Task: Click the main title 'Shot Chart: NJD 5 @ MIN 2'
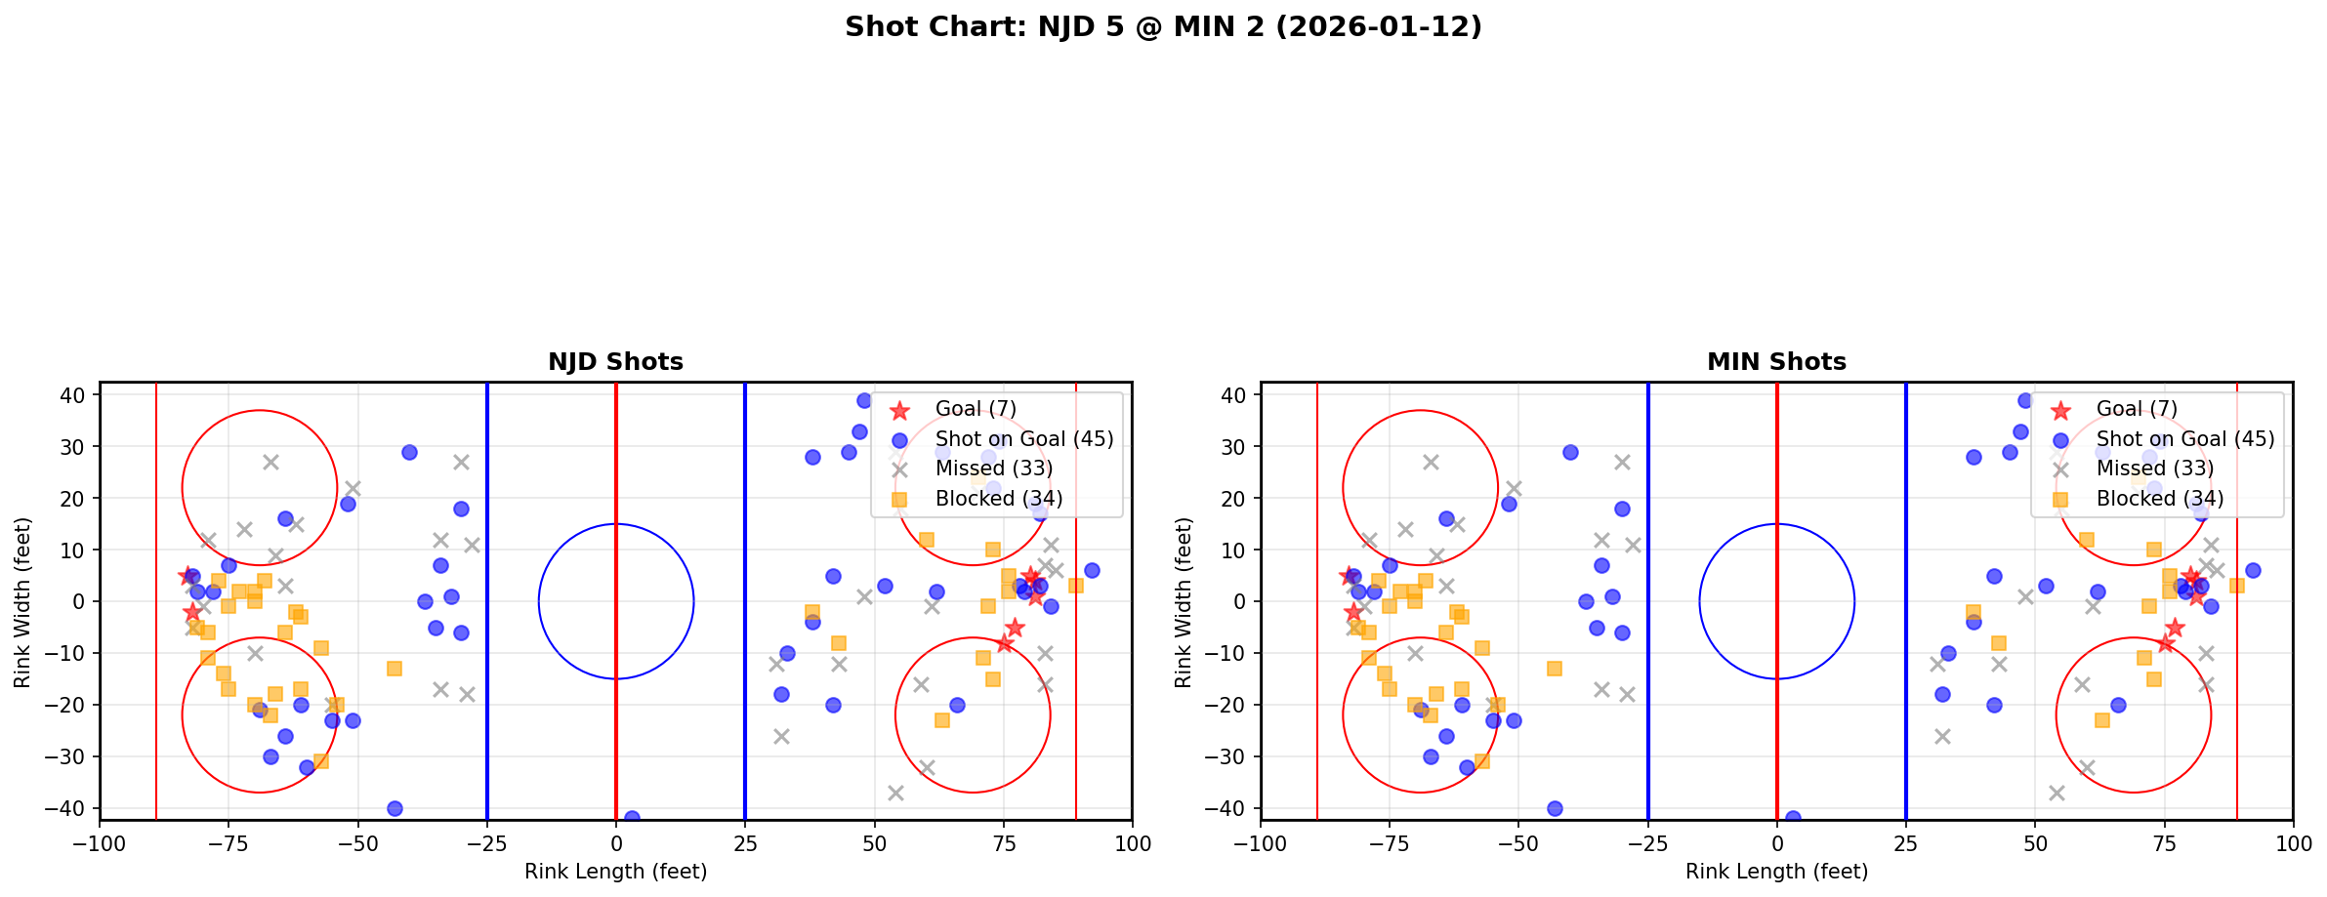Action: point(1163,27)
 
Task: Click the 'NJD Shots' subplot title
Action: point(615,362)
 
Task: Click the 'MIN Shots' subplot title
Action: point(1776,362)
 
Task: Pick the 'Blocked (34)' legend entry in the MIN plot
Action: point(2159,499)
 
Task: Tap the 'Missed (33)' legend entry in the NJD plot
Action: point(993,469)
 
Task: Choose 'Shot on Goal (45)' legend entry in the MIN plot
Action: point(2184,439)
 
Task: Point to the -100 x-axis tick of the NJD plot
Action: point(100,842)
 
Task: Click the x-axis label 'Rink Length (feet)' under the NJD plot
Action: point(615,872)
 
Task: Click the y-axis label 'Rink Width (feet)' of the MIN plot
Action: point(1184,602)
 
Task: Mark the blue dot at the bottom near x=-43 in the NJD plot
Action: point(395,808)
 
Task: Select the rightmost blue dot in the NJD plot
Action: point(1092,570)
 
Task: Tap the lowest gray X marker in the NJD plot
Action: point(895,793)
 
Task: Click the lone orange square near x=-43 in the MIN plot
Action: point(1555,669)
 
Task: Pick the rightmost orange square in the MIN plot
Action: point(2236,586)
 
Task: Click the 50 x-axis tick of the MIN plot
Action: point(2034,842)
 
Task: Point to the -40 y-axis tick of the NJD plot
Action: point(73,808)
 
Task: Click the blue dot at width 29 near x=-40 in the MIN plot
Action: point(1570,452)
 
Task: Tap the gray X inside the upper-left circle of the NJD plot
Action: point(270,462)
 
